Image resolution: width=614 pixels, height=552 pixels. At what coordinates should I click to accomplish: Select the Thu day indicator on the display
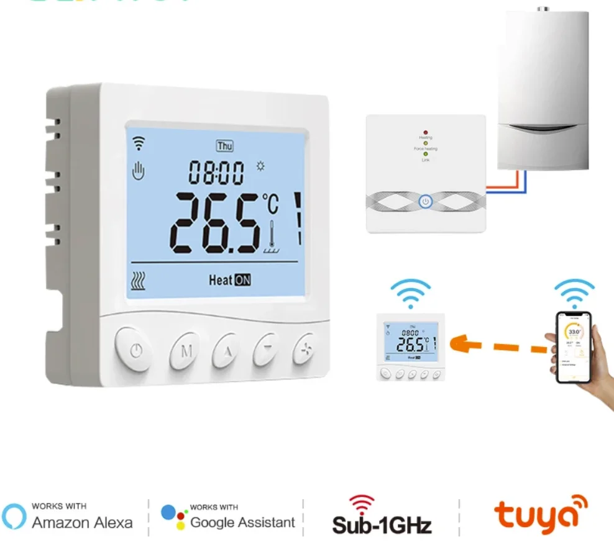point(224,146)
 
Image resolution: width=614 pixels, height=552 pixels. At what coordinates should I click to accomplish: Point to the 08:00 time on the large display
point(217,173)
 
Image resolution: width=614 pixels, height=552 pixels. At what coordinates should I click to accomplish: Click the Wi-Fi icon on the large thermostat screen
point(138,144)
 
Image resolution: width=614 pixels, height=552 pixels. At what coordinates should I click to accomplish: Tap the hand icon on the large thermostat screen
point(138,170)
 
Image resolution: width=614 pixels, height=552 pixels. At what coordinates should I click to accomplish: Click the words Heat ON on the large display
point(230,280)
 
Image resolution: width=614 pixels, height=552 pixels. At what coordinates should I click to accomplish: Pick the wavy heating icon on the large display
point(139,282)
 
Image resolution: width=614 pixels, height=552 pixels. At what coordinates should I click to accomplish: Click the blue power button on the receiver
point(425,202)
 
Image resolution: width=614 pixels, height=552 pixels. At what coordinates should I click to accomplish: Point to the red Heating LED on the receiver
point(425,133)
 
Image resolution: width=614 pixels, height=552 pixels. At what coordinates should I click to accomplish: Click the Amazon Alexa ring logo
point(14,516)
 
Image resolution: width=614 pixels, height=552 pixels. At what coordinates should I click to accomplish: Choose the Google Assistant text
point(242,522)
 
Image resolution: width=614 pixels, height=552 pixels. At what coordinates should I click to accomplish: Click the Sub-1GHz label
point(382,525)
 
